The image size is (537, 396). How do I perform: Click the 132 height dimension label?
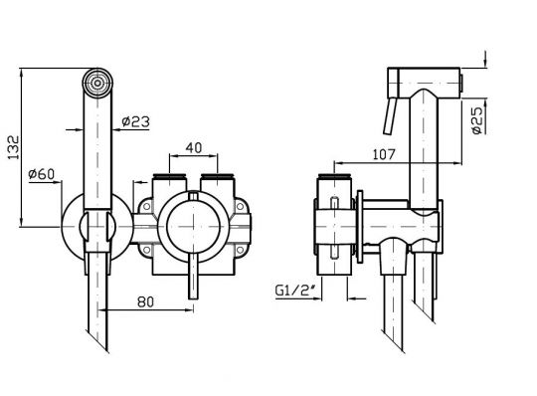(14, 147)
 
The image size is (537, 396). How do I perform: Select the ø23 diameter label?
(135, 121)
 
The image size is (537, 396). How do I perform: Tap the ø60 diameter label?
(42, 174)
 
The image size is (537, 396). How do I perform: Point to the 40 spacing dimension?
(194, 147)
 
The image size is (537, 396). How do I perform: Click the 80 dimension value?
(146, 301)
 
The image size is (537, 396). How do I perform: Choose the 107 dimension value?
(384, 154)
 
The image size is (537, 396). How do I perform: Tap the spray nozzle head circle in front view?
(97, 83)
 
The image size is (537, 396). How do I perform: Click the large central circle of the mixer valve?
(193, 227)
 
